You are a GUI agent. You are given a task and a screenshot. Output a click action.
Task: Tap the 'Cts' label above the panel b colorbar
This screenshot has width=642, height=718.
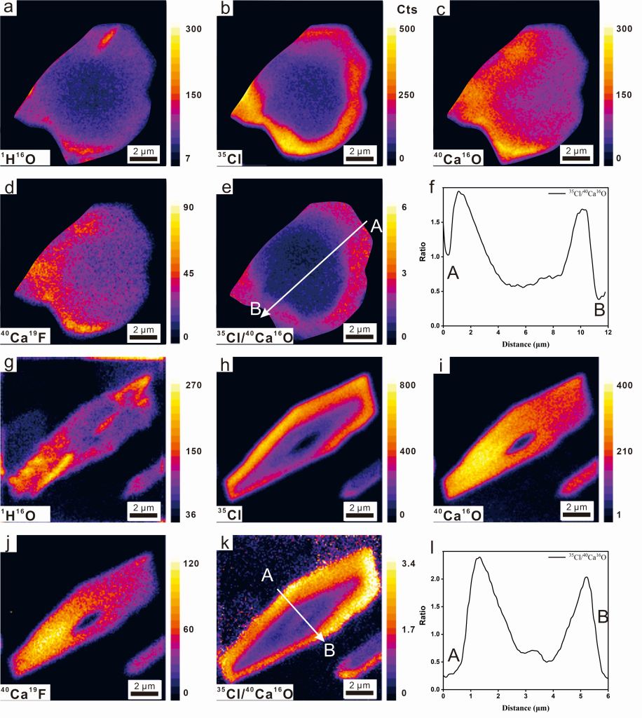406,10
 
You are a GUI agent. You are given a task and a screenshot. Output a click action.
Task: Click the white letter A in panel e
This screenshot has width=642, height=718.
375,226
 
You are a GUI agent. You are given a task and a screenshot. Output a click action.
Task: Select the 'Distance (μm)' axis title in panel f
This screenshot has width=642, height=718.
525,344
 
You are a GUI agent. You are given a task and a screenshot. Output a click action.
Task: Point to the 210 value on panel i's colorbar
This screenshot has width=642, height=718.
621,451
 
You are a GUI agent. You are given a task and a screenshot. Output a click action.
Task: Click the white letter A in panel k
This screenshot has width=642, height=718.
267,575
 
